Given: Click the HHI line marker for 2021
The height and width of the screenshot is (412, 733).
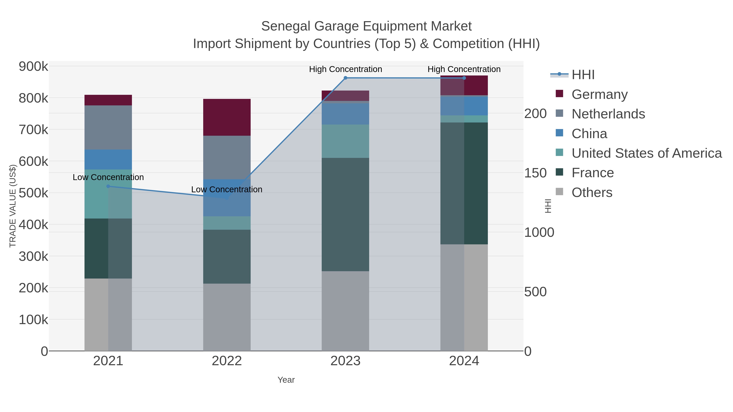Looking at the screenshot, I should point(108,186).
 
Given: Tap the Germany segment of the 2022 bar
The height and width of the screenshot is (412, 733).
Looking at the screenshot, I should point(227,117).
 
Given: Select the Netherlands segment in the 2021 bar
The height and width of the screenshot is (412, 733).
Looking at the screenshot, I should point(108,127).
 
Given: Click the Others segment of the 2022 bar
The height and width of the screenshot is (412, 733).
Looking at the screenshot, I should point(227,317).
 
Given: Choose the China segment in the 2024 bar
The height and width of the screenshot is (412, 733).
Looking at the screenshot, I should point(464,106).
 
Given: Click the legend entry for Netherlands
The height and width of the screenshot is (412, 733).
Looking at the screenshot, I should point(608,114).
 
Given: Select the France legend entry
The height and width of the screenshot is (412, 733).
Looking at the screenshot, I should point(593,173).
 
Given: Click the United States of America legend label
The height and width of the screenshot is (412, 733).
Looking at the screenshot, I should point(646,153).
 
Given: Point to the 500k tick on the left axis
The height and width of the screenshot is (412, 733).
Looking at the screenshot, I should point(33,193).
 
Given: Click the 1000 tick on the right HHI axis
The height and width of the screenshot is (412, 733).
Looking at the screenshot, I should point(539,232).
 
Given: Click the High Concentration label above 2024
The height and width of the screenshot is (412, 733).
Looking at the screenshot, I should point(464,69).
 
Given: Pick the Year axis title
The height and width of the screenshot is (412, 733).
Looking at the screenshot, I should point(286,380).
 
